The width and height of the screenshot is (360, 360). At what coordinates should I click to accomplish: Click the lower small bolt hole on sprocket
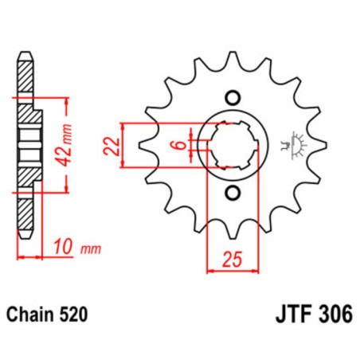pyautogui.click(x=232, y=194)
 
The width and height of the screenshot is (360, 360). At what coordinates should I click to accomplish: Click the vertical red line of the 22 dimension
pyautogui.click(x=122, y=146)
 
